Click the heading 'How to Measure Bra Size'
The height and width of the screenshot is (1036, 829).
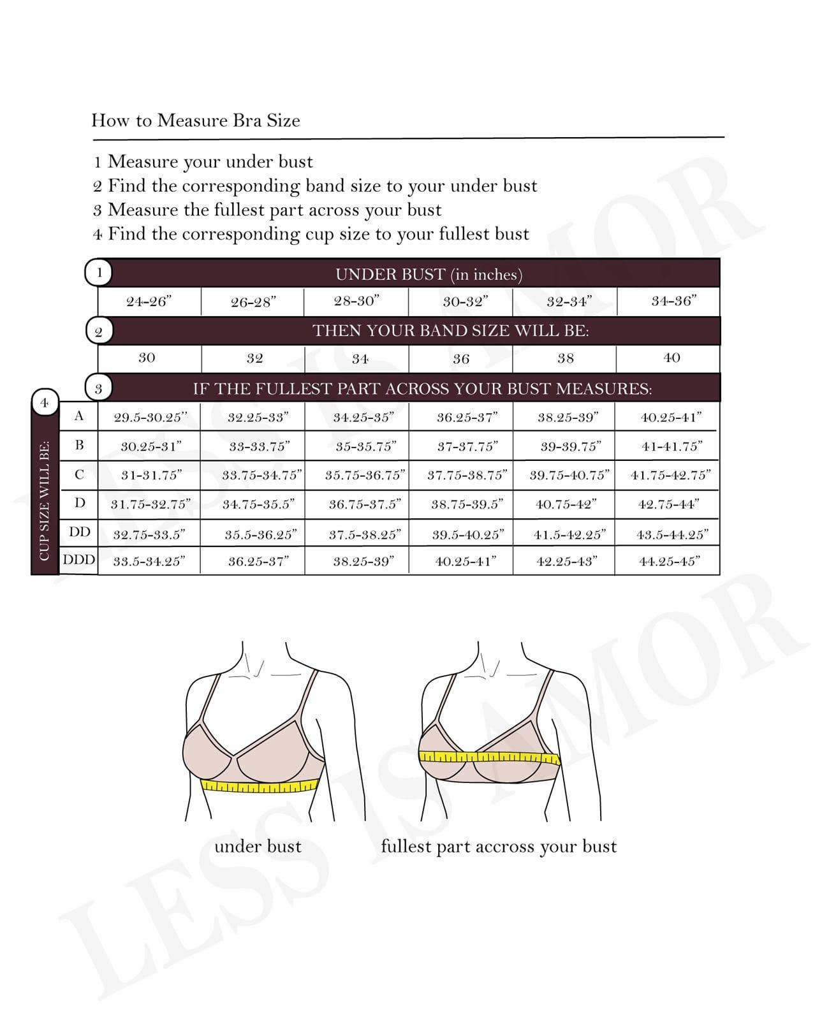195,120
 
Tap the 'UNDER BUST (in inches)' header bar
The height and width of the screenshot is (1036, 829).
429,274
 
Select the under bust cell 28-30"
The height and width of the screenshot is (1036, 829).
356,301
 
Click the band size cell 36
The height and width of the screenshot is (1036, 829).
461,359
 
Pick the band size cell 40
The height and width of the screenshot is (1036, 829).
671,358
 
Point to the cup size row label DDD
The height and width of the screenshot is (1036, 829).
79,560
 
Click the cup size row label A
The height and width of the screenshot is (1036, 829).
79,416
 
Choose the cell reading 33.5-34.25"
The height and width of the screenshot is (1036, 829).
149,561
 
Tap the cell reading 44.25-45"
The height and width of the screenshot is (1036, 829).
670,561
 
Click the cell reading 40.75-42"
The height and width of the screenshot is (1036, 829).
566,504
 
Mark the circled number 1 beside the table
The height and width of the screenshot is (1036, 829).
99,273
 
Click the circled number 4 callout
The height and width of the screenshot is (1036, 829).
45,403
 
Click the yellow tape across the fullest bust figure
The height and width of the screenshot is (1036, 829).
489,757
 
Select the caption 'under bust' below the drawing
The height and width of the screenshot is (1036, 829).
258,847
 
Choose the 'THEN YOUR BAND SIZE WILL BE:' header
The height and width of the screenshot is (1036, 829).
450,331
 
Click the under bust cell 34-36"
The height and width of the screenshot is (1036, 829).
673,301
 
